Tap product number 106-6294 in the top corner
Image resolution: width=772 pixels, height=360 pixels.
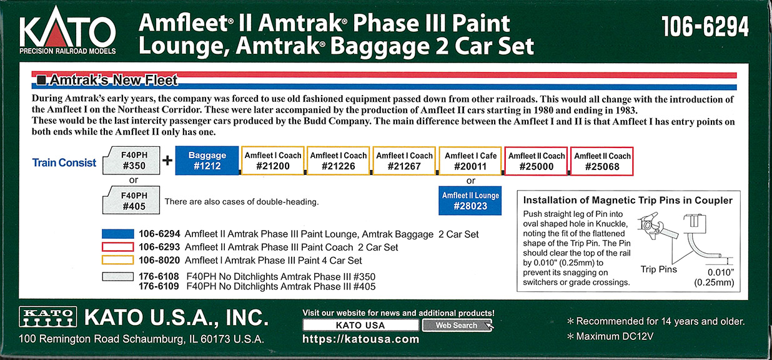coord(705,26)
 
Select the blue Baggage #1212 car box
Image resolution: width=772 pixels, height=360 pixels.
coord(207,161)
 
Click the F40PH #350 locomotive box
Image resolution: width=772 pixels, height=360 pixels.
coord(131,161)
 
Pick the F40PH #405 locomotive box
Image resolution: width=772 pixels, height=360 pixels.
coord(131,201)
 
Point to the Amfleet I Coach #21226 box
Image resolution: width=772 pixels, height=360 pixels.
coord(338,161)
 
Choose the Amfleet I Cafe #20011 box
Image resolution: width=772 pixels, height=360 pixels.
coord(470,161)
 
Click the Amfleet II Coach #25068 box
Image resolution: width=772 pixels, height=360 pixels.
coord(601,161)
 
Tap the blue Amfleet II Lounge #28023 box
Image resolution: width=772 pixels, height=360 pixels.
coord(470,201)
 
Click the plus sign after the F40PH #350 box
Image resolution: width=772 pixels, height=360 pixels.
coord(167,161)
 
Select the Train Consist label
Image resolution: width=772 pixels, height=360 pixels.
coord(64,162)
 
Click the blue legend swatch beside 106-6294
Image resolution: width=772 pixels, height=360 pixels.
coord(118,234)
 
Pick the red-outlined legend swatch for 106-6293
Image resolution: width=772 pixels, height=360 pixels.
coord(118,247)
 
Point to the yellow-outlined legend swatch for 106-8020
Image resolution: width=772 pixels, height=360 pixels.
coord(118,260)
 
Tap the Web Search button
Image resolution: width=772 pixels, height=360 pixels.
coord(457,325)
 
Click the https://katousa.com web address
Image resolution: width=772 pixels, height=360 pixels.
coord(360,339)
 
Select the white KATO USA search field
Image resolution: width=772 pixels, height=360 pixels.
coord(360,325)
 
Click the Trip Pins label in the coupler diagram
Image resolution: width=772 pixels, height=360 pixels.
coord(658,269)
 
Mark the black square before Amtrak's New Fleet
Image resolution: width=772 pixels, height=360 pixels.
coord(41,80)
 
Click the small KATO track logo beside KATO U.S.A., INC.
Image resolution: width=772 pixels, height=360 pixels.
coord(48,316)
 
